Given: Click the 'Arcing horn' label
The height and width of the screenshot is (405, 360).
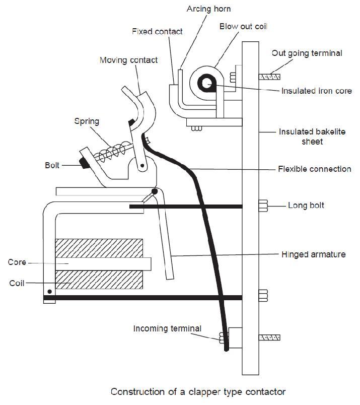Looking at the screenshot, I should coord(208,9).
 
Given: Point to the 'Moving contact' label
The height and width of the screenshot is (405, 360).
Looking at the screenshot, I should coord(128,60).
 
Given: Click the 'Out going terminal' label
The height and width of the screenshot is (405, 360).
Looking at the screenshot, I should coord(307,53).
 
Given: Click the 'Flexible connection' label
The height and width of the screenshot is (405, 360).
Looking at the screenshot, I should coord(315,169).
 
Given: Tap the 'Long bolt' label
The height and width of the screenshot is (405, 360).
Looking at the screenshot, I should coord(306,206).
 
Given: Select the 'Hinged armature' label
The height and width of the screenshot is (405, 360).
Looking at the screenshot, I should coord(313,254).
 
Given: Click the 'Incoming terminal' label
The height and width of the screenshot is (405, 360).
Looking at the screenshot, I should coord(167,328).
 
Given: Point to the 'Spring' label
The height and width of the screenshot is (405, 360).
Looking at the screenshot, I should coord(87,121).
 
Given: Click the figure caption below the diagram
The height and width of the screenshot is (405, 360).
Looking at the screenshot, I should coord(198,391).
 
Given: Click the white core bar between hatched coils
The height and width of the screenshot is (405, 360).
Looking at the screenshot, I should coord(103,263).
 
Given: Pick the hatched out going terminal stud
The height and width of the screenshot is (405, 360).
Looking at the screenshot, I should coord(270,77).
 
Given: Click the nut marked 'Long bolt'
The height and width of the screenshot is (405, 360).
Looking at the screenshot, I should coord(262,206).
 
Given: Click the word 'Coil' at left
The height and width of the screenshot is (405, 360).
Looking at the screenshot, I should coord(17,284).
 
